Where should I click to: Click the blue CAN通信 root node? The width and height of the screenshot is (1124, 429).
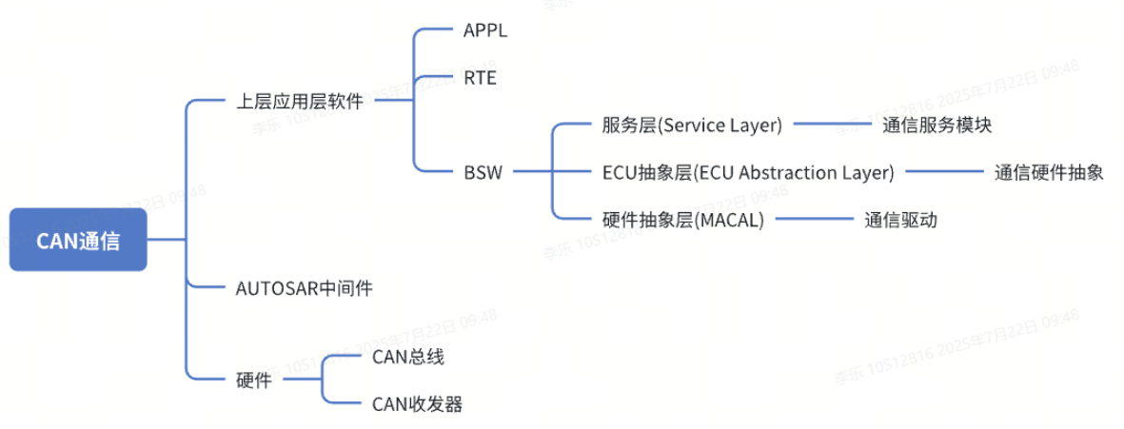(78, 240)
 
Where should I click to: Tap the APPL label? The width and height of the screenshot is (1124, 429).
(485, 30)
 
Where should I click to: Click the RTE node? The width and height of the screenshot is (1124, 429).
(480, 78)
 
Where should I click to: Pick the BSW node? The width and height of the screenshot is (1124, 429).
(483, 172)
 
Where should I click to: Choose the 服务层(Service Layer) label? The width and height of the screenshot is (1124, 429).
(692, 125)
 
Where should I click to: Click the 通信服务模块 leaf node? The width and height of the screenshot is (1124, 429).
(937, 125)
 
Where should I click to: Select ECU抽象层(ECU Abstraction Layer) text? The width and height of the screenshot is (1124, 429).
(748, 172)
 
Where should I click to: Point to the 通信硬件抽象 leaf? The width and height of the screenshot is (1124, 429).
(1049, 172)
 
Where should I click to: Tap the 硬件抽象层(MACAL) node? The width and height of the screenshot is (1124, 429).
(682, 220)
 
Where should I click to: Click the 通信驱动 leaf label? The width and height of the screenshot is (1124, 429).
(900, 220)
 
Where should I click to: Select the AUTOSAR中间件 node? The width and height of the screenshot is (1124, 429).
(304, 287)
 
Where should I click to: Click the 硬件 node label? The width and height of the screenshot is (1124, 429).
(253, 380)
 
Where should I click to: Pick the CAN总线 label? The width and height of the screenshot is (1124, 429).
(407, 357)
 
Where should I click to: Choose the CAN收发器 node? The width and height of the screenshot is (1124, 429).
(417, 404)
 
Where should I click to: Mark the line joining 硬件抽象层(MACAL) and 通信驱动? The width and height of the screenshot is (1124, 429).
(813, 220)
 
